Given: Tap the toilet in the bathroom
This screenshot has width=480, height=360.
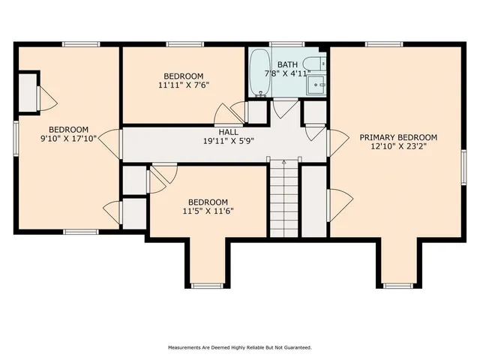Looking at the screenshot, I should tap(319, 64).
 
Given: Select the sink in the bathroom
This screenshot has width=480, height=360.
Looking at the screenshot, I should tap(319, 85).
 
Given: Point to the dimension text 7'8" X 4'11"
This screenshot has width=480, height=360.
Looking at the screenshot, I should tap(288, 73).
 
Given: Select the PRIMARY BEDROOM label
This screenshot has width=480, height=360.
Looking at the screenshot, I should tap(397, 137).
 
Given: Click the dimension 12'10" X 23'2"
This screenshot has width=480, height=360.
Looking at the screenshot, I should tap(397, 146).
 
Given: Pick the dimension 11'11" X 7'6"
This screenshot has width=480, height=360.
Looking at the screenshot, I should tap(183, 85).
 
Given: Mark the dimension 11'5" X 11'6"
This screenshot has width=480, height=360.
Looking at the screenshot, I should tap(208, 211).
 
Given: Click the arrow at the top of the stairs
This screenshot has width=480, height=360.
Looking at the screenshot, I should tap(283, 162).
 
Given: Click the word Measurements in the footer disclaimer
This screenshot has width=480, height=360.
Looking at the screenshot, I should tap(186, 347).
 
